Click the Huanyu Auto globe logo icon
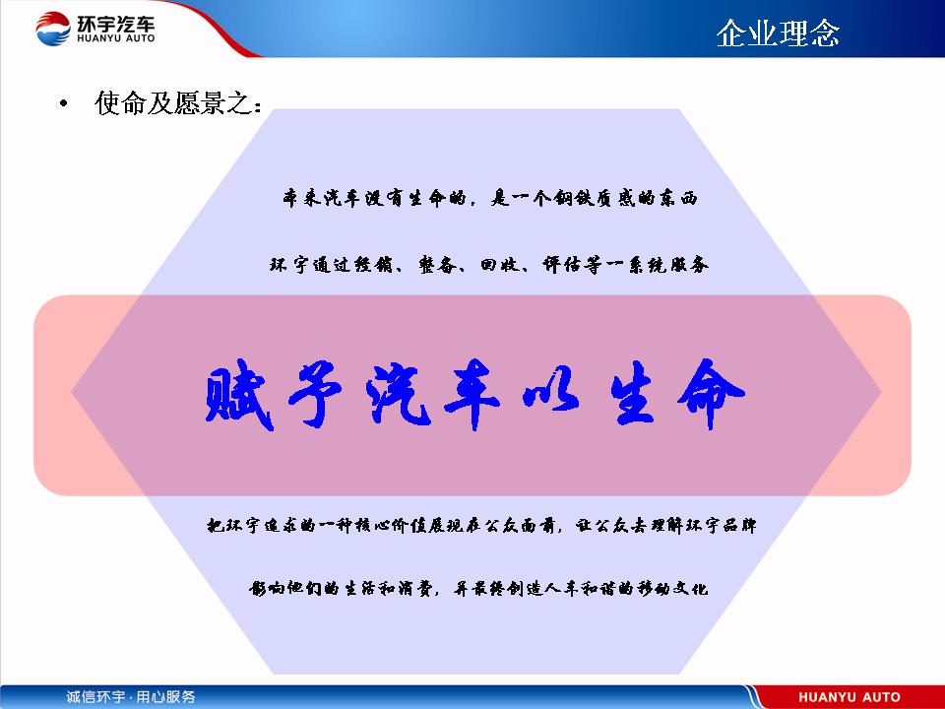53,29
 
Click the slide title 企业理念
778,33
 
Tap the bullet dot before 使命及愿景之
64,103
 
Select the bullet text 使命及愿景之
178,102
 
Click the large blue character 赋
239,394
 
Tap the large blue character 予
316,393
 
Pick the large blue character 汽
398,393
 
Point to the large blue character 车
472,394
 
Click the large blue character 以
551,396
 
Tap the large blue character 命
711,394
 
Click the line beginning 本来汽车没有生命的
490,198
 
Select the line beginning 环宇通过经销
489,265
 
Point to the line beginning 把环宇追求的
481,526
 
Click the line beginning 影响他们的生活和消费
478,588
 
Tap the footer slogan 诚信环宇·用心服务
131,697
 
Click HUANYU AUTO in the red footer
850,697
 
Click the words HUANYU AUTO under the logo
116,38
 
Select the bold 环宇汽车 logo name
116,24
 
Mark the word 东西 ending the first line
678,198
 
